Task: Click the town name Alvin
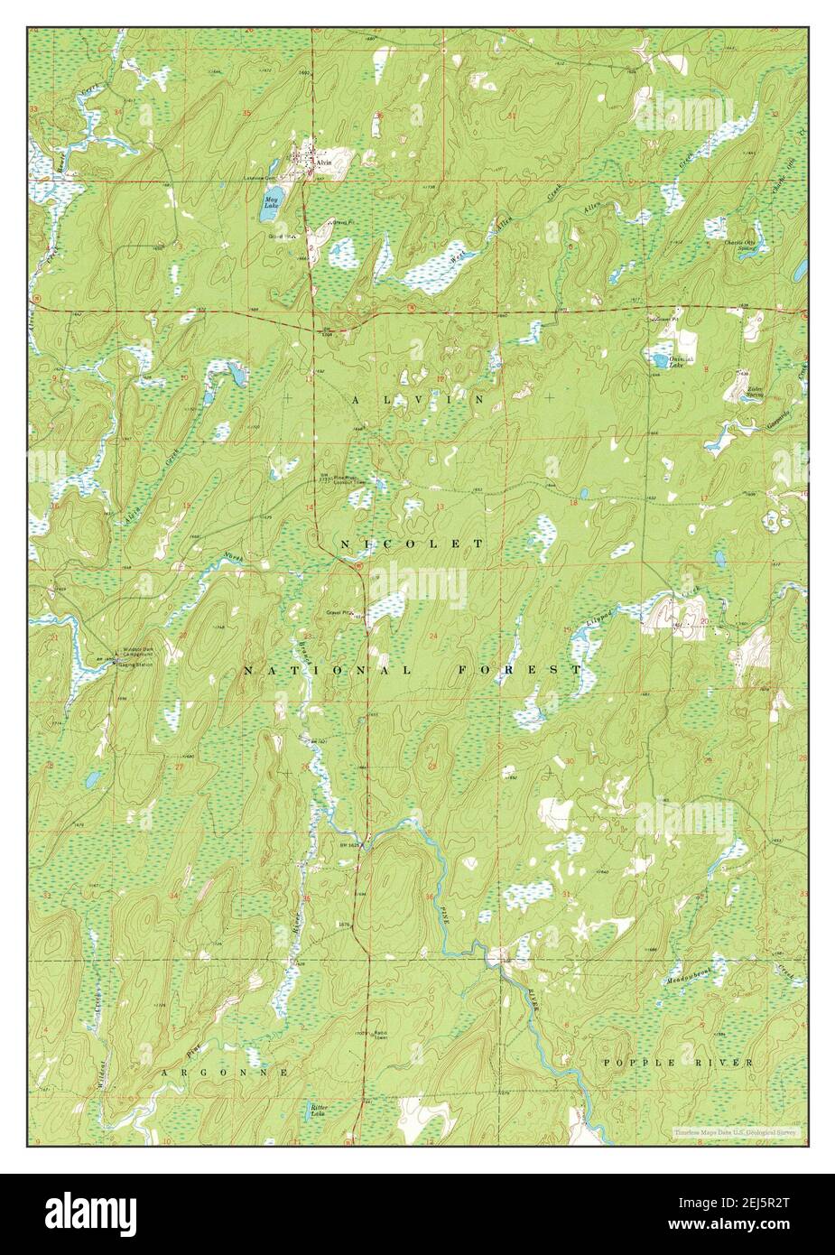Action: pyautogui.click(x=323, y=162)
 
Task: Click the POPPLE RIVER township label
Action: pyautogui.click(x=677, y=1063)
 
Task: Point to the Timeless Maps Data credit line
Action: pyautogui.click(x=736, y=1132)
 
